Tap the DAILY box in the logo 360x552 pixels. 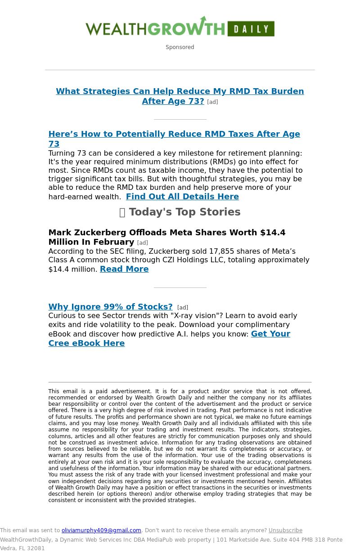click(x=251, y=29)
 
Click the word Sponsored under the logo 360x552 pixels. click(x=180, y=47)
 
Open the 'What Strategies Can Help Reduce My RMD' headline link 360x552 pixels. click(x=180, y=91)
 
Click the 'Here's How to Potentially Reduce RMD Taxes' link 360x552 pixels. click(x=174, y=134)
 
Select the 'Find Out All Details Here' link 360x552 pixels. click(x=182, y=197)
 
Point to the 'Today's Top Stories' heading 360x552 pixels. click(x=184, y=212)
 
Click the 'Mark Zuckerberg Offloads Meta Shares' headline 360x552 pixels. click(x=166, y=233)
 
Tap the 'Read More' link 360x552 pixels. click(x=124, y=269)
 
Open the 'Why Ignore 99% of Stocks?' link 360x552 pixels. click(x=110, y=307)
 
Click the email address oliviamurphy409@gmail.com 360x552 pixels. click(x=101, y=530)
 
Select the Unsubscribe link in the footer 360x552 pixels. click(x=285, y=530)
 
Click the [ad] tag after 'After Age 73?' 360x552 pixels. click(x=212, y=102)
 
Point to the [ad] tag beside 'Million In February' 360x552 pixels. click(x=142, y=243)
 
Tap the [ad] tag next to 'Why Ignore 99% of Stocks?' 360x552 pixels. click(x=183, y=308)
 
